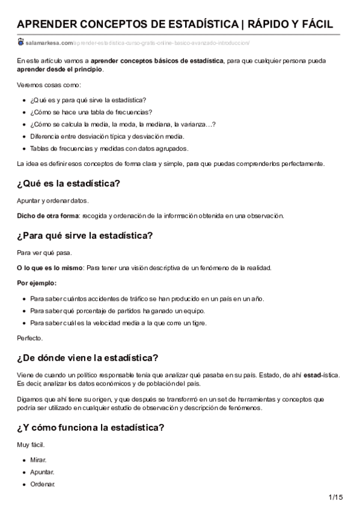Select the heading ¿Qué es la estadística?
coord(69,183)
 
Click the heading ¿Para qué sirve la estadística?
coord(85,235)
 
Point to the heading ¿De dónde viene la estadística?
coord(88,359)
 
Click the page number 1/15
coord(335,497)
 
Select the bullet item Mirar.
coord(38,459)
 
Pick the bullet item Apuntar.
coord(42,472)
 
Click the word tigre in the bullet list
coord(199,323)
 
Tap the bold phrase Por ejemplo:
coord(37,283)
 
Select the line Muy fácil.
coord(31,446)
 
